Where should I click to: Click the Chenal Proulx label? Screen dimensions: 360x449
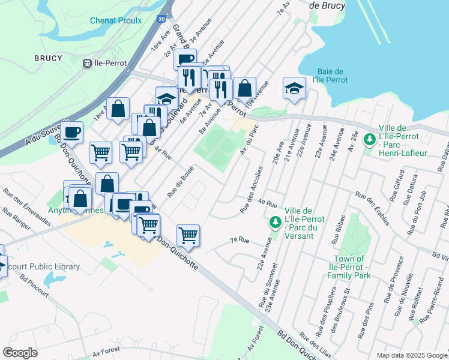[116, 20]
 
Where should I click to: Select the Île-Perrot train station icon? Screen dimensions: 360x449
[88, 62]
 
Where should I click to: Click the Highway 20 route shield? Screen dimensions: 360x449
[163, 20]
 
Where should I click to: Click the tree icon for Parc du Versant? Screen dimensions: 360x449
[275, 223]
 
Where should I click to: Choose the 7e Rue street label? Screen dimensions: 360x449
[240, 240]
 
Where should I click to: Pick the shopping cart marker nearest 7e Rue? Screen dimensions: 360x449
[188, 235]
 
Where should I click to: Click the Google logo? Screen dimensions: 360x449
[20, 353]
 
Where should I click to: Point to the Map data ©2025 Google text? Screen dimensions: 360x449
[411, 355]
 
